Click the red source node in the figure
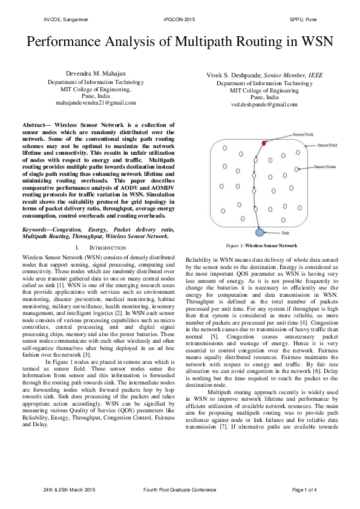(x=264, y=143)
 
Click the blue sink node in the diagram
(x=260, y=233)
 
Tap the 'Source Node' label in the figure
(x=304, y=134)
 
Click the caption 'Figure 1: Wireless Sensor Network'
(x=261, y=247)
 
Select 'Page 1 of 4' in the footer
(x=304, y=488)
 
